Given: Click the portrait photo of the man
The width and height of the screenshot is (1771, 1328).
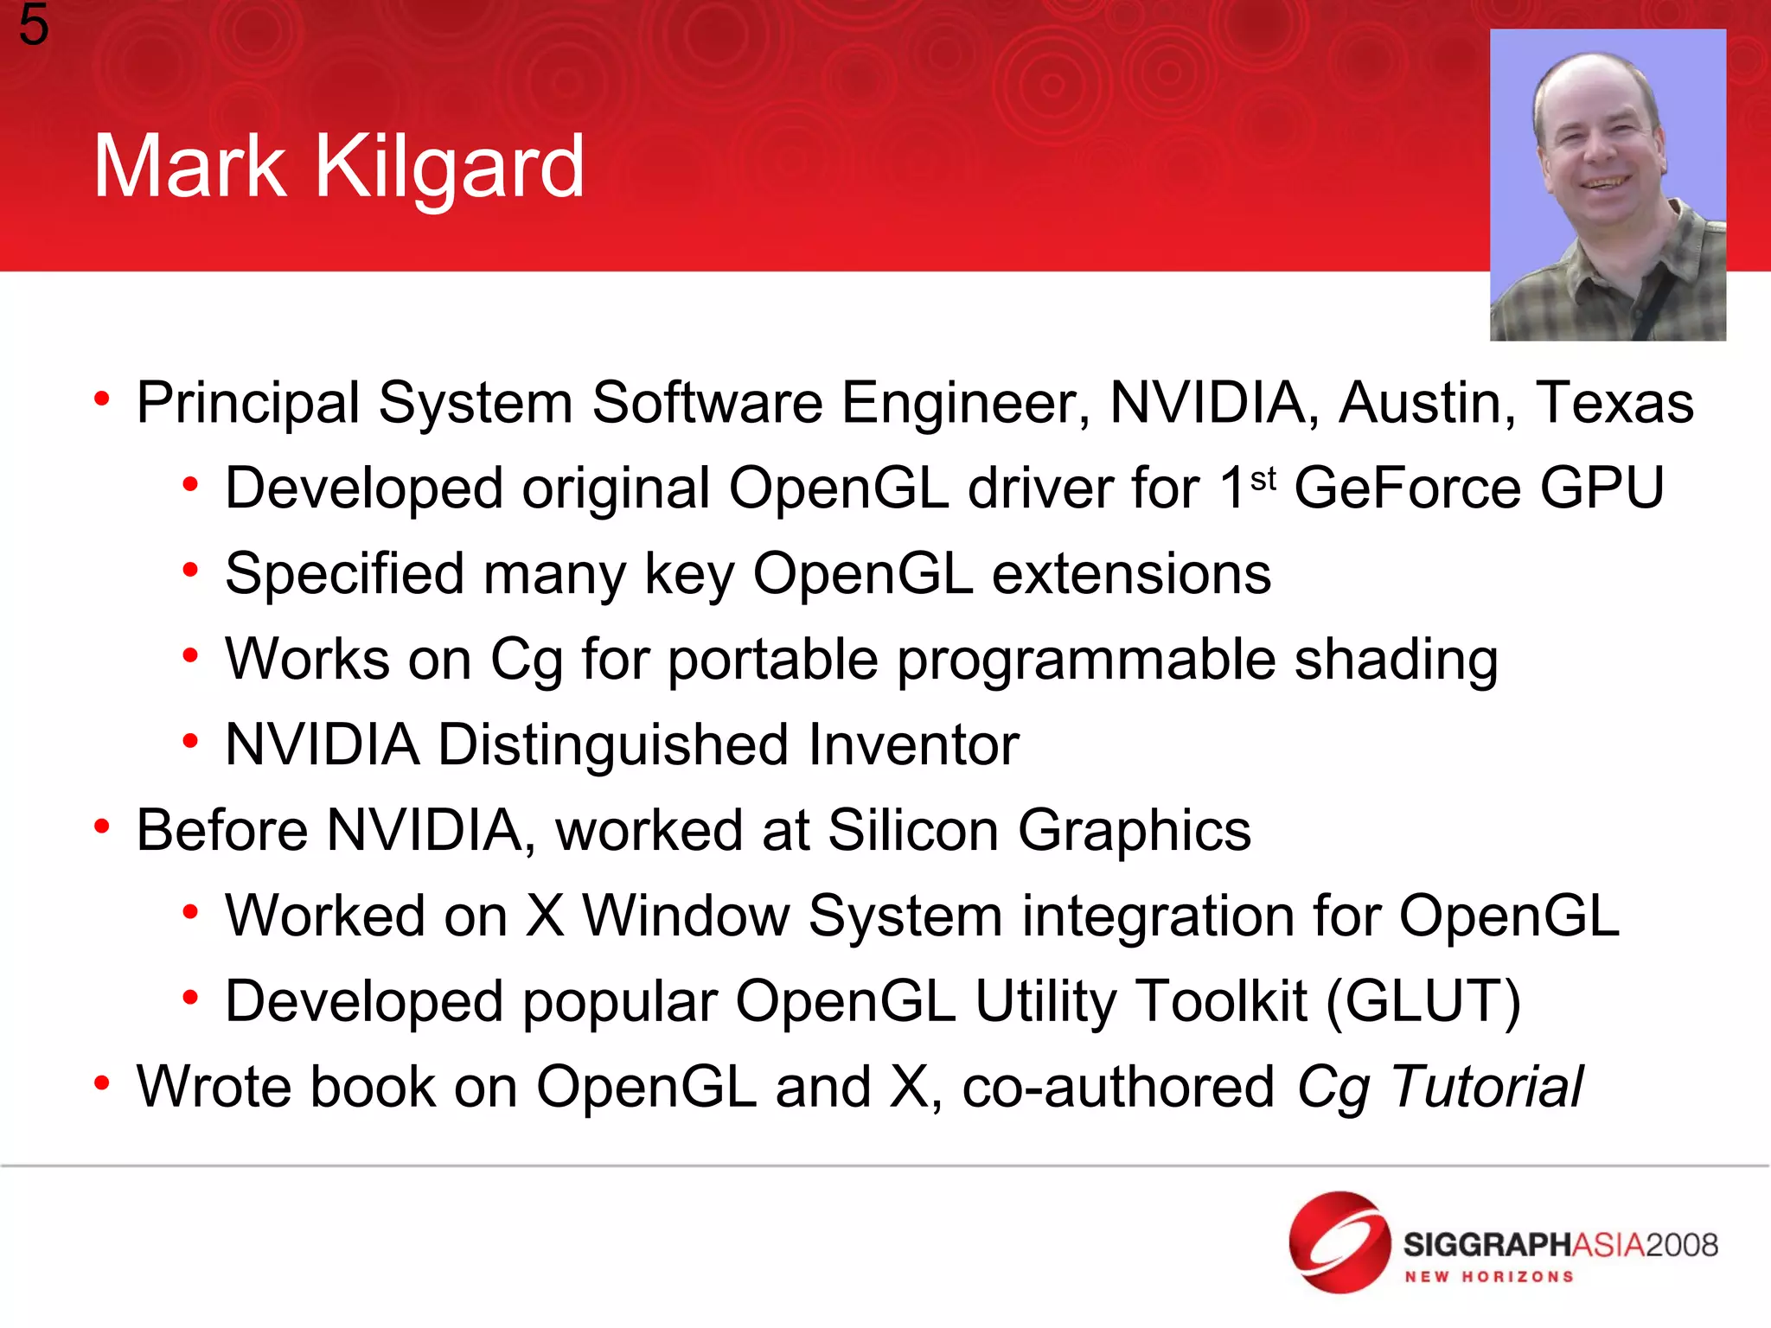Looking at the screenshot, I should [x=1608, y=185].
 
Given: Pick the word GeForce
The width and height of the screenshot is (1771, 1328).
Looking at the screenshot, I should [x=1407, y=488].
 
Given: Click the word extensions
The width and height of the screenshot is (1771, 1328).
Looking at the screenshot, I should [x=1131, y=574].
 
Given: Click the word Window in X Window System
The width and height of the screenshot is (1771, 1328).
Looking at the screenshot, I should [x=686, y=916].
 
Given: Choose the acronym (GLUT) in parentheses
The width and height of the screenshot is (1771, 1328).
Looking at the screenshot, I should [x=1423, y=1002].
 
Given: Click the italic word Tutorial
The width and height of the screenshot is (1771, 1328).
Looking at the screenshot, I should [x=1487, y=1087].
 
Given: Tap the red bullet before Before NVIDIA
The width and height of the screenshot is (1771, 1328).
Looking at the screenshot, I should [x=102, y=827].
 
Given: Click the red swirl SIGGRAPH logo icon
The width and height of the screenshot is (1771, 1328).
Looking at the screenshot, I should [x=1339, y=1242].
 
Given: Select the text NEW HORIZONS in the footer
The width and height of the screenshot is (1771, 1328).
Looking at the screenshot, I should [x=1488, y=1277].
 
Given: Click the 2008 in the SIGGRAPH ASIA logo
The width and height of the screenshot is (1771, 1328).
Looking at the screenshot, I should [x=1681, y=1245].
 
